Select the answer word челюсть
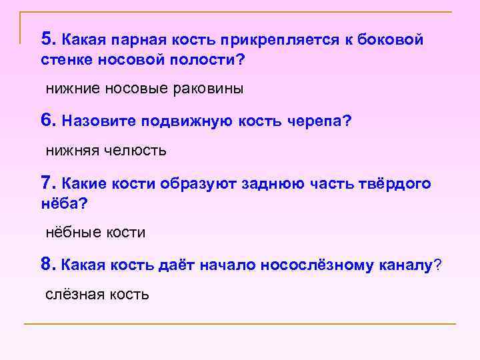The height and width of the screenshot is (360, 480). coord(135,151)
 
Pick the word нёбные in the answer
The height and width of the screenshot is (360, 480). coord(73,233)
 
